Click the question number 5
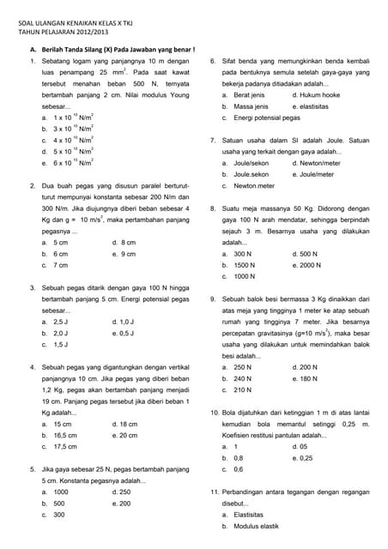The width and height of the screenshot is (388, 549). (x=32, y=469)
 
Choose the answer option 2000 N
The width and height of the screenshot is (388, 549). (x=310, y=265)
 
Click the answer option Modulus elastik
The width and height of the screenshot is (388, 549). (x=257, y=526)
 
